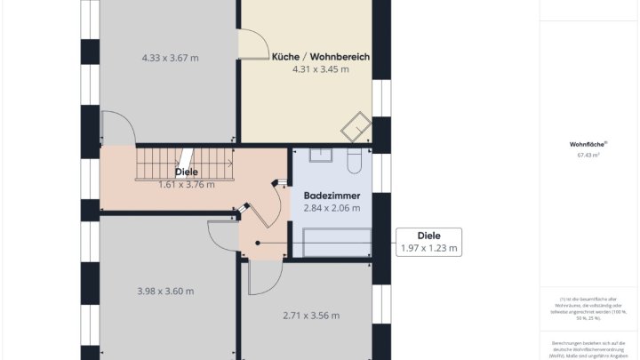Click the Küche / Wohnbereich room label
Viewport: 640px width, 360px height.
click(320, 56)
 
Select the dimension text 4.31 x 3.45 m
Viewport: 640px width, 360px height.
click(320, 69)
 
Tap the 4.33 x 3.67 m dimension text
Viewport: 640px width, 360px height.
click(170, 58)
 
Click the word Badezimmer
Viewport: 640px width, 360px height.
click(332, 195)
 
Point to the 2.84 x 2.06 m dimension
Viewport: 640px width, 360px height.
click(332, 208)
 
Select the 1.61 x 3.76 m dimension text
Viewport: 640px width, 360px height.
click(187, 185)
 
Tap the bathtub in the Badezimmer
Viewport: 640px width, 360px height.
click(337, 242)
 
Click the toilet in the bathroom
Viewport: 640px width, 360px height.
click(354, 159)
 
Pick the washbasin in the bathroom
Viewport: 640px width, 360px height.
click(321, 156)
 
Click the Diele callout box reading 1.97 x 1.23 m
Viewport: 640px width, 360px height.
click(429, 242)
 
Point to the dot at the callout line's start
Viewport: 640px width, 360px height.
click(258, 242)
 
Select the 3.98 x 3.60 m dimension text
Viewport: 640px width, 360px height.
click(165, 291)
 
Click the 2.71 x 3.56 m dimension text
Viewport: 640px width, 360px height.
click(311, 315)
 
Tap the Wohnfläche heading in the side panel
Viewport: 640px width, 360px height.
click(588, 143)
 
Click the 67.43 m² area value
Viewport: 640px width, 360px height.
click(588, 155)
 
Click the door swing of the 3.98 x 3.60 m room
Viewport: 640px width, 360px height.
click(221, 236)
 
